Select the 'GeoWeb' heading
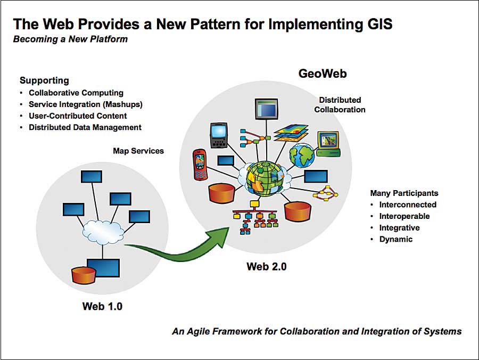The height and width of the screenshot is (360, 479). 323,73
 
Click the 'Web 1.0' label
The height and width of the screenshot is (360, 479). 102,306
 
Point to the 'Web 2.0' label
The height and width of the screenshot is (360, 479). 266,266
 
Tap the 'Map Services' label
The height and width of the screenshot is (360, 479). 138,151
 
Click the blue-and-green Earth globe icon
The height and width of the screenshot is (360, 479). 302,155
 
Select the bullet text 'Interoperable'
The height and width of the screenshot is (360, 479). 404,216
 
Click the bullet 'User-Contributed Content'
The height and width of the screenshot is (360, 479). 78,116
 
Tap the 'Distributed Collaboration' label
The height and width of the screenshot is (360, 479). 340,104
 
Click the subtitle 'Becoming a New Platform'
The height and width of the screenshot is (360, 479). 70,39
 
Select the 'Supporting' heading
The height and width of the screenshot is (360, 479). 44,80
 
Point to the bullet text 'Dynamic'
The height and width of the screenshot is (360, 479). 395,239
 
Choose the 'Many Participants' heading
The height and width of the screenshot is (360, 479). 404,193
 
